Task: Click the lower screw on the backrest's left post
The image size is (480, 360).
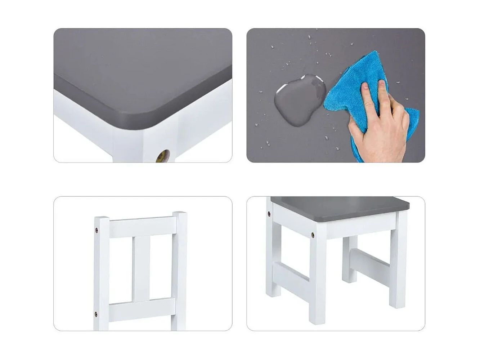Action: pos(96,313)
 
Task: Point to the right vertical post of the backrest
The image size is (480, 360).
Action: pos(179,270)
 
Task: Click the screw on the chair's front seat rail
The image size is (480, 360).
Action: pos(313,235)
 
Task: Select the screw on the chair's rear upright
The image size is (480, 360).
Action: pos(269,214)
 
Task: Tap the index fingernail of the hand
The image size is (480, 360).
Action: pos(365,86)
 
